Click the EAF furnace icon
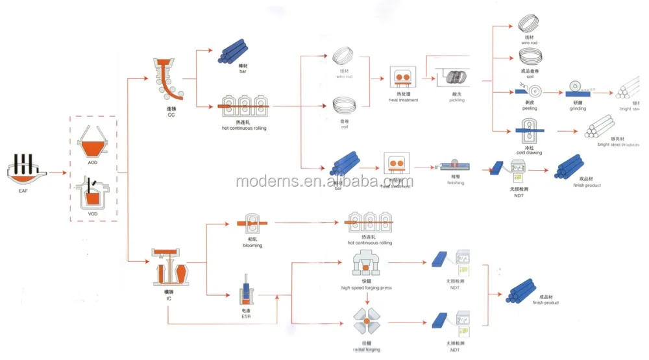(x=25, y=171)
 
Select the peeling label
(x=530, y=108)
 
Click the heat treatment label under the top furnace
(x=404, y=100)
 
